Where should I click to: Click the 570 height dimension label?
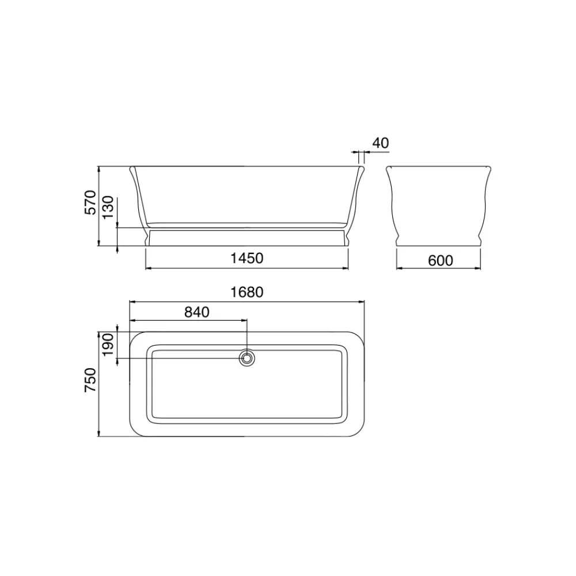pyautogui.click(x=90, y=202)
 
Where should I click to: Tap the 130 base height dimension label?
pyautogui.click(x=108, y=207)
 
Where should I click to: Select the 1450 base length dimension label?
pyautogui.click(x=247, y=258)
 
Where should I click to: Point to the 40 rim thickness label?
pyautogui.click(x=381, y=143)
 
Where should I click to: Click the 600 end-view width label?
pyautogui.click(x=441, y=260)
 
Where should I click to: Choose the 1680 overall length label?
pyautogui.click(x=247, y=293)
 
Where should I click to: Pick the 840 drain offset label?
pyautogui.click(x=197, y=312)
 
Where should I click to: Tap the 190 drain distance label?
pyautogui.click(x=108, y=344)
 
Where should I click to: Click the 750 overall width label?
pyautogui.click(x=90, y=380)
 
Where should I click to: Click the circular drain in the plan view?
pyautogui.click(x=247, y=358)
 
